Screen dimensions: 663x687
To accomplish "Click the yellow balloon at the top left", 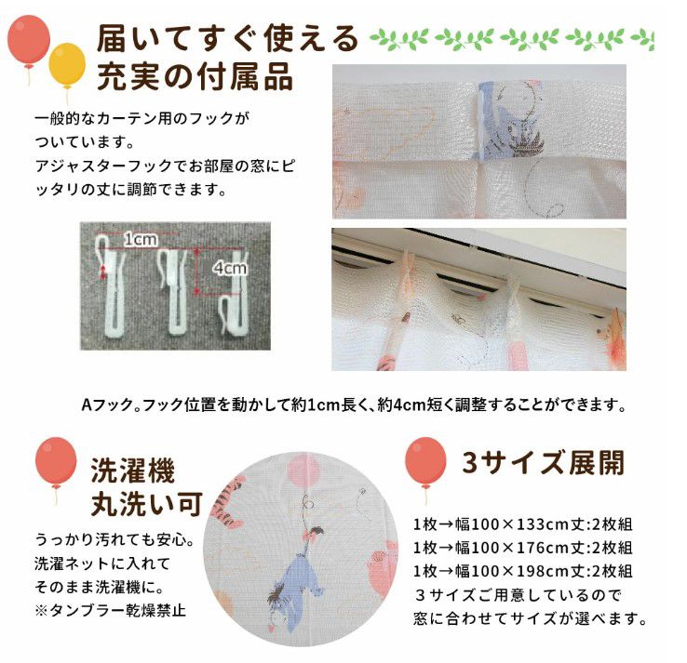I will coord(66,61).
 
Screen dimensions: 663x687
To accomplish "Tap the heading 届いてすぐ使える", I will coord(227,39).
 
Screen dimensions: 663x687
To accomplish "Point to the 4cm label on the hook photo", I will coord(228,269).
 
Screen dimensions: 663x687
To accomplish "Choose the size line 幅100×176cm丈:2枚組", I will coord(523,548).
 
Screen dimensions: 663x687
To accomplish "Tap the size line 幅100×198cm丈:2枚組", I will coord(523,571).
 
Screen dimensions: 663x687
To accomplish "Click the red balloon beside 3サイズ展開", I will coord(424,462).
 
